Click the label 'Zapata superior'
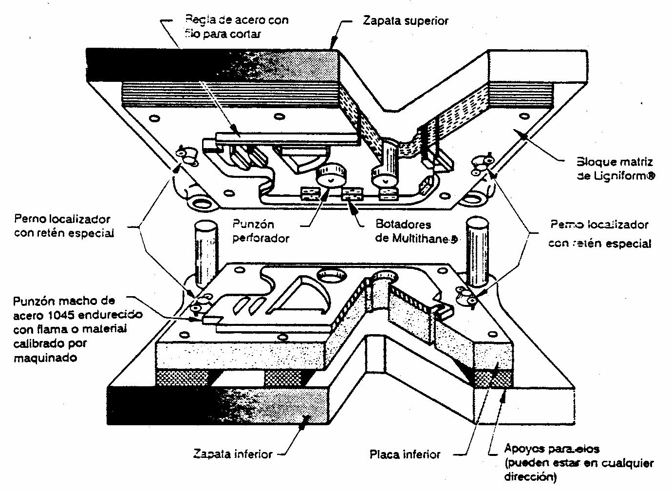tap(406, 21)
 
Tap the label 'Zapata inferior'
tap(233, 454)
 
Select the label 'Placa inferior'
tap(405, 454)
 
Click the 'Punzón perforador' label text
tap(261, 231)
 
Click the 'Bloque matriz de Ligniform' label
tap(615, 169)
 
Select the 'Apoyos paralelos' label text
tap(552, 449)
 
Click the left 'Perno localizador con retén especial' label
tap(63, 226)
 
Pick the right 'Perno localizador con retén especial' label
tap(599, 233)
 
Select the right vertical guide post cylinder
tap(477, 251)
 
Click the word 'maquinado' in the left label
tap(45, 358)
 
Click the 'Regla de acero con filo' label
tap(237, 27)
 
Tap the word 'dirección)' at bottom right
tap(530, 476)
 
